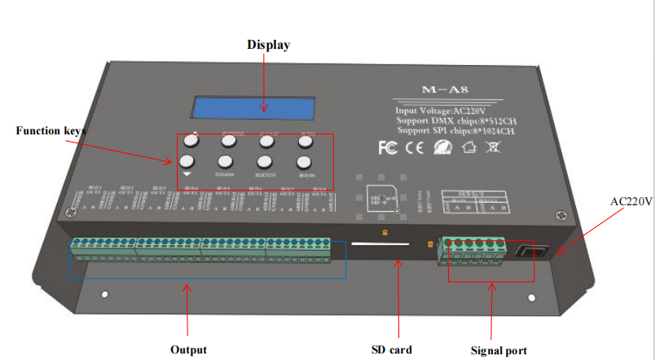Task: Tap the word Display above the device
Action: point(268,45)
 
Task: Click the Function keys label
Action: point(51,130)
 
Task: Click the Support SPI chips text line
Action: point(455,130)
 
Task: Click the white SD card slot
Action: point(380,242)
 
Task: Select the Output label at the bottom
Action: point(188,349)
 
